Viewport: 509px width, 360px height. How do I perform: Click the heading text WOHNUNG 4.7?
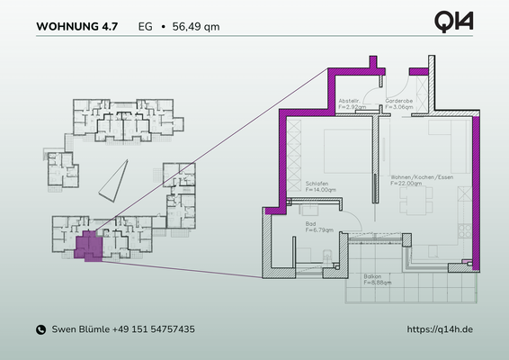76,27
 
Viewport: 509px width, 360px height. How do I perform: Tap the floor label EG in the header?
145,27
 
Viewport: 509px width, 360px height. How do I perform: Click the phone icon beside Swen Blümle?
40,330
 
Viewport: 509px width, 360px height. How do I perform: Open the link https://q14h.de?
440,330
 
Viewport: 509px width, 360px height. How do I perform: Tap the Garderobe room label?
398,101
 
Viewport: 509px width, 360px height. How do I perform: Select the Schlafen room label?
318,184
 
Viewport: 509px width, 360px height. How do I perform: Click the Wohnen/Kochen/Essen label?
415,176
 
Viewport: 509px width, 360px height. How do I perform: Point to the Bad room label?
311,224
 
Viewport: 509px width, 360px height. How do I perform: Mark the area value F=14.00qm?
321,191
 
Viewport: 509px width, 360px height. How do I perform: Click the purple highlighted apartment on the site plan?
87,247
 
